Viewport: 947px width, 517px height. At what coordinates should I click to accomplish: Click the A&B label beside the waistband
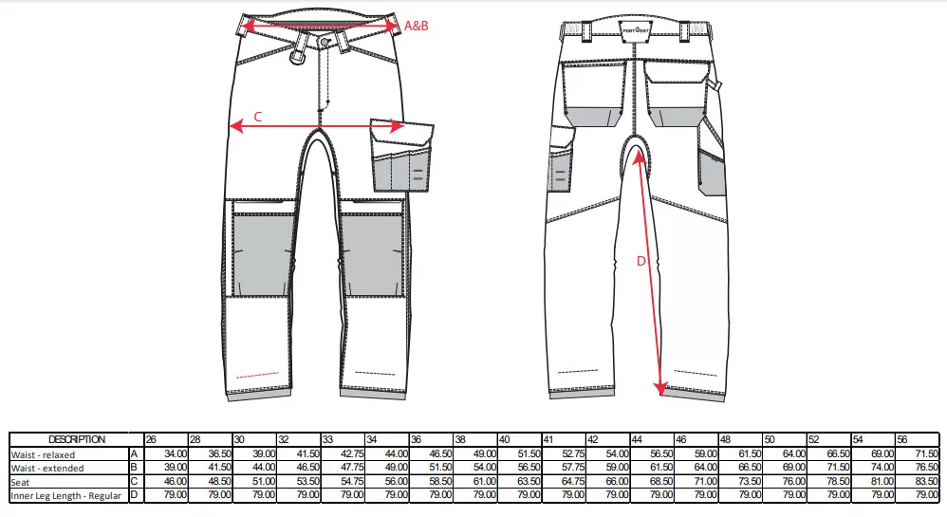click(x=416, y=26)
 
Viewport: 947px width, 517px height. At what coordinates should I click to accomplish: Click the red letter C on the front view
click(x=258, y=117)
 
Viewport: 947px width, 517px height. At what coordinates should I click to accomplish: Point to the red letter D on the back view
click(x=641, y=261)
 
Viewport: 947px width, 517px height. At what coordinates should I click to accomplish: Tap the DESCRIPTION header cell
click(x=77, y=440)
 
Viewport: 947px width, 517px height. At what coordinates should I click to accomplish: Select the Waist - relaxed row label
click(x=43, y=454)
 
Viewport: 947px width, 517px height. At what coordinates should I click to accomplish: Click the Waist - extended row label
click(x=47, y=468)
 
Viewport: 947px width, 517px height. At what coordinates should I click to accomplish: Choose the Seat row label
click(x=20, y=482)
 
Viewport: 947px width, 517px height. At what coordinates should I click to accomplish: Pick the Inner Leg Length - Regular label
click(x=66, y=496)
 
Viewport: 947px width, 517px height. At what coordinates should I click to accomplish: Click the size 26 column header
click(x=151, y=440)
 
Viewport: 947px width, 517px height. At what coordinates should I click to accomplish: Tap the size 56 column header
click(x=902, y=440)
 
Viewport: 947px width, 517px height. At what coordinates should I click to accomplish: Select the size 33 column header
click(x=327, y=440)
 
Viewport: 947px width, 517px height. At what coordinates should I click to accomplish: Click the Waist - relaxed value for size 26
click(x=176, y=453)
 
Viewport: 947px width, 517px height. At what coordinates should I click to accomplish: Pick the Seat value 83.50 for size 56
click(x=927, y=481)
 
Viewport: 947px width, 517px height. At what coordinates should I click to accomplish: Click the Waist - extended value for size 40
click(x=529, y=468)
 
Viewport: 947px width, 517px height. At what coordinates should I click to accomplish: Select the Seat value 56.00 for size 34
click(x=397, y=481)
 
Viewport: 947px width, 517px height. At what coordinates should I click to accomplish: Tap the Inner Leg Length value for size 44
click(x=661, y=494)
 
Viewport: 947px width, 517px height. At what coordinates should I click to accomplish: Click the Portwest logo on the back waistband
click(x=636, y=29)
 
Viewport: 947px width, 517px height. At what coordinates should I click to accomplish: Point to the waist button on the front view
click(x=325, y=41)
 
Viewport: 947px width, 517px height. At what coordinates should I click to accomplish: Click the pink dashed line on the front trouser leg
click(x=258, y=375)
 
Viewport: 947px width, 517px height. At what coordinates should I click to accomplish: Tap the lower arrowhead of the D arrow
click(x=660, y=390)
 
